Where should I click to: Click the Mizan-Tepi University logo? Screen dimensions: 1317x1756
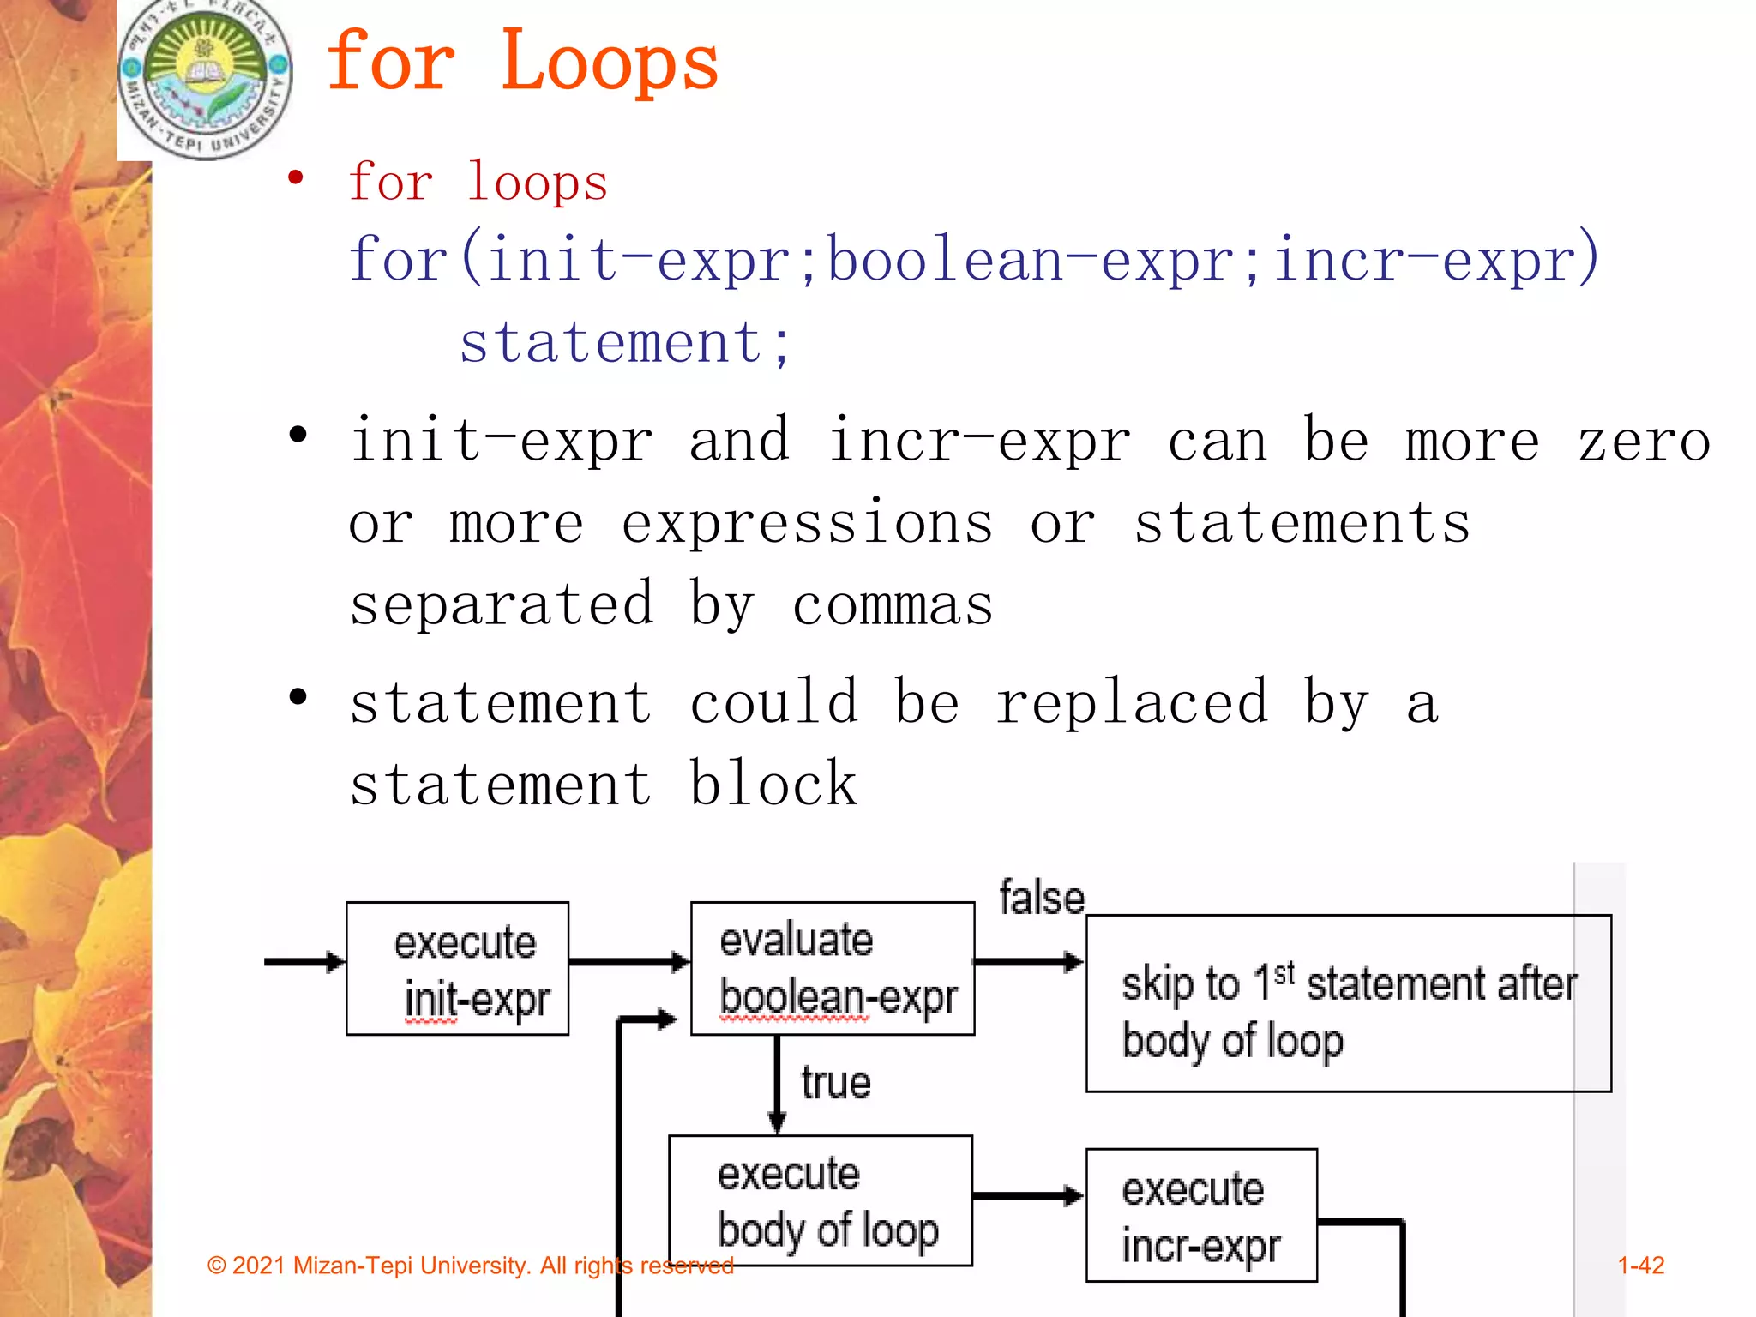pos(205,79)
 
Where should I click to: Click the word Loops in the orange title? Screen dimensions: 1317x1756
pos(609,62)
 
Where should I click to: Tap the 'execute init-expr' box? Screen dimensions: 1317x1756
pos(458,969)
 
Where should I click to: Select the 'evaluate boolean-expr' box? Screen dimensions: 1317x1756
pos(833,969)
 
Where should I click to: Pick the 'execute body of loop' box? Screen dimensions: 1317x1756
pos(821,1200)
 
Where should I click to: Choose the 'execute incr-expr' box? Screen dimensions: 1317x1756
pos(1201,1216)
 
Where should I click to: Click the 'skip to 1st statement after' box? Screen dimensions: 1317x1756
pos(1348,1004)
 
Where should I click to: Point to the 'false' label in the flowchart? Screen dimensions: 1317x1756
pos(1042,898)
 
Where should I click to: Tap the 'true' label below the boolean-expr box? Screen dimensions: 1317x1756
pos(836,1083)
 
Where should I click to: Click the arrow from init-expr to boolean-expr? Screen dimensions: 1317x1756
pos(629,962)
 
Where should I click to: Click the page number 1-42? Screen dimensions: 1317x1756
pos(1640,1266)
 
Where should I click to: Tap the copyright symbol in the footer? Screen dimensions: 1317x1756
pos(217,1266)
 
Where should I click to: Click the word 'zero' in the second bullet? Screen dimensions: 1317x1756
pos(1644,442)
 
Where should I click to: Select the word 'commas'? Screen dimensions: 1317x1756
pos(893,605)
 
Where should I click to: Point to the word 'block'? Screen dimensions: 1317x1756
pos(773,784)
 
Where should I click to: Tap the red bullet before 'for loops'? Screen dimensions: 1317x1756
pos(296,178)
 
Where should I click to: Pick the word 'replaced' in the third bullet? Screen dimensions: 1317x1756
pos(1132,702)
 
